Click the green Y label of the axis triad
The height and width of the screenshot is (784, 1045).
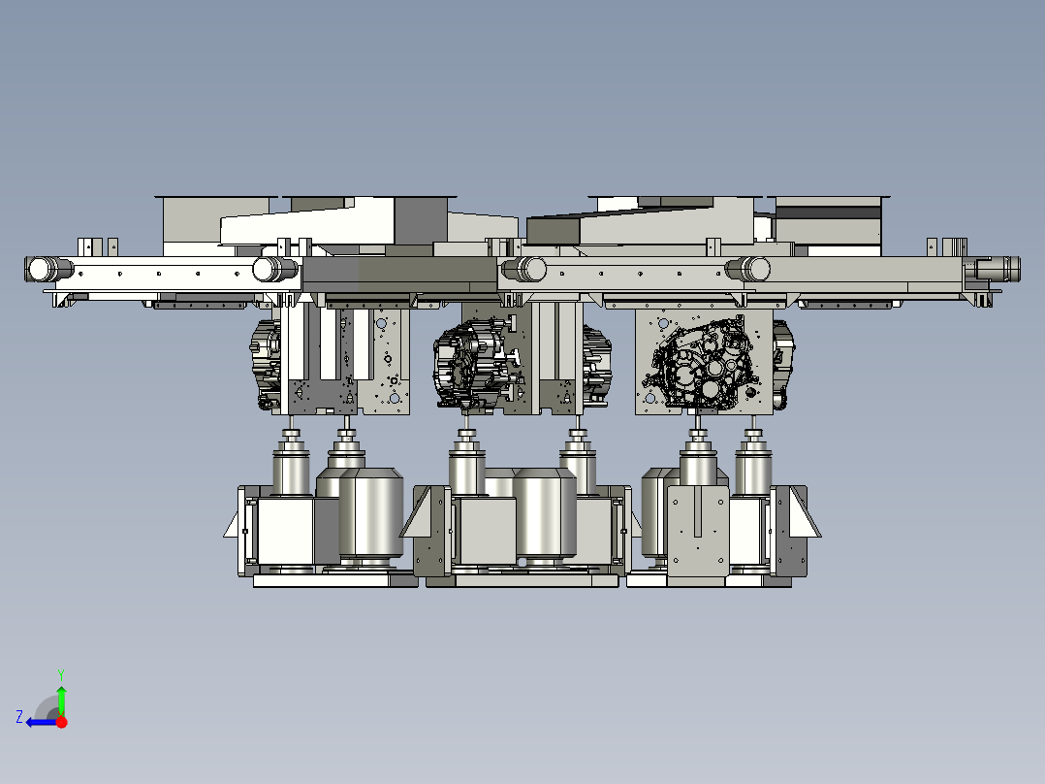click(61, 674)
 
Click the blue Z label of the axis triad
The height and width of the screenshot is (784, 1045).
click(19, 717)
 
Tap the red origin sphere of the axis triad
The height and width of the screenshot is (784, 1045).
click(61, 722)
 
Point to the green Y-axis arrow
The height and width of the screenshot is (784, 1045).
click(61, 700)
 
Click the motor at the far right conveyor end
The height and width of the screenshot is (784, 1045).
click(997, 269)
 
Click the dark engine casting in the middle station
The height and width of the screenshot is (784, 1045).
click(477, 364)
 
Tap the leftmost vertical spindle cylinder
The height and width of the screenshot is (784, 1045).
click(291, 463)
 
